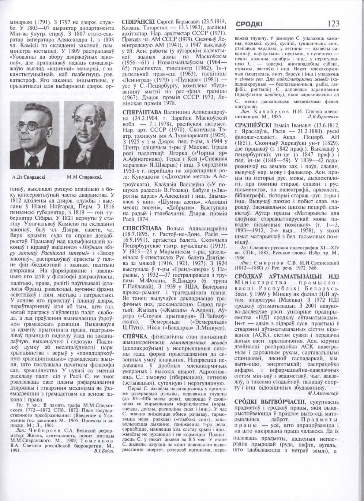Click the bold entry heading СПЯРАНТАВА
coord(141,114)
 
